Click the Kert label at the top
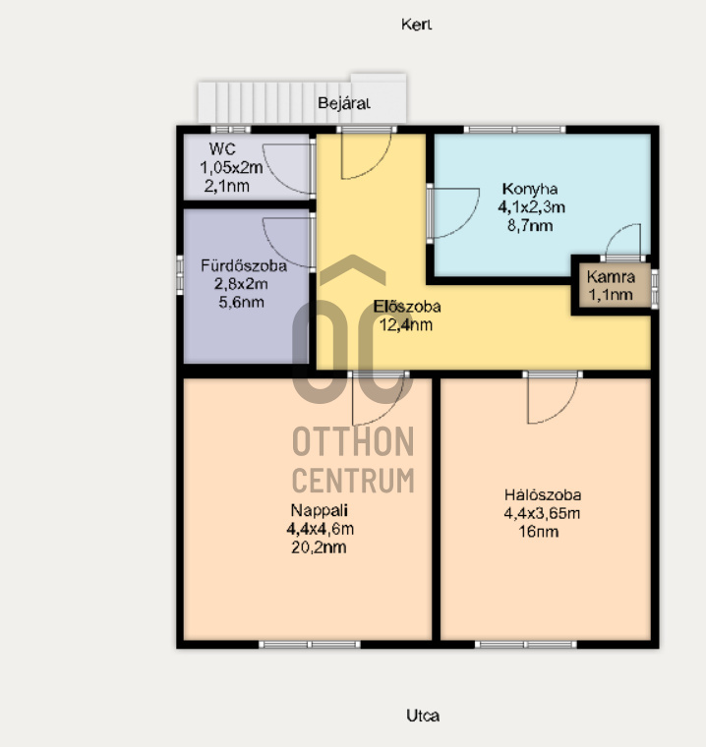[x=416, y=25]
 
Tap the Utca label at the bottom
[x=423, y=716]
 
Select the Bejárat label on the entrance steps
[x=344, y=103]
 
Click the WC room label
[x=222, y=149]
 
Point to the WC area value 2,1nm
[x=227, y=186]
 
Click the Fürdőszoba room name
[x=244, y=265]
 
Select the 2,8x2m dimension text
[x=241, y=284]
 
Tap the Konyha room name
[x=530, y=189]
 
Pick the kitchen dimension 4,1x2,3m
[x=532, y=207]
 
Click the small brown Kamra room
[x=612, y=285]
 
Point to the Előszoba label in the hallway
[x=407, y=307]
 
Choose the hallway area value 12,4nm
[x=406, y=325]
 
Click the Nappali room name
[x=319, y=510]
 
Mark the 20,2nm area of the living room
[x=319, y=547]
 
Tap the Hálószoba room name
[x=543, y=495]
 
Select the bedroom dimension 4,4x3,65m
[x=542, y=513]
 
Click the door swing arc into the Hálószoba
[x=562, y=410]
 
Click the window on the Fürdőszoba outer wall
[x=180, y=275]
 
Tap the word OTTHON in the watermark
[x=353, y=441]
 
